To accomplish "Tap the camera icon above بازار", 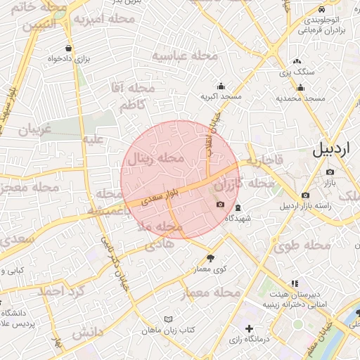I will pyautogui.click(x=330, y=171).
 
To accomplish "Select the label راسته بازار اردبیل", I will pyautogui.click(x=305, y=206).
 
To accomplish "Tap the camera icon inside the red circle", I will pyautogui.click(x=221, y=205).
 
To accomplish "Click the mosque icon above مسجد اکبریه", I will pyautogui.click(x=221, y=86).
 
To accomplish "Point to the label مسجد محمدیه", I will pyautogui.click(x=300, y=98).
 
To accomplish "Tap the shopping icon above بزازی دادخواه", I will pyautogui.click(x=67, y=49).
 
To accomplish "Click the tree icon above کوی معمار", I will pyautogui.click(x=210, y=259).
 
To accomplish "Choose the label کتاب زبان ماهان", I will pyautogui.click(x=167, y=330).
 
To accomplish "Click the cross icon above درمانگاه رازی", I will pyautogui.click(x=249, y=328).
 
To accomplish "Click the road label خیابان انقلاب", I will pyautogui.click(x=213, y=127).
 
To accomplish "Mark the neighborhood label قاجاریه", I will pyautogui.click(x=264, y=161).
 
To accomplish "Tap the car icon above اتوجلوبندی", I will pyautogui.click(x=321, y=10).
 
